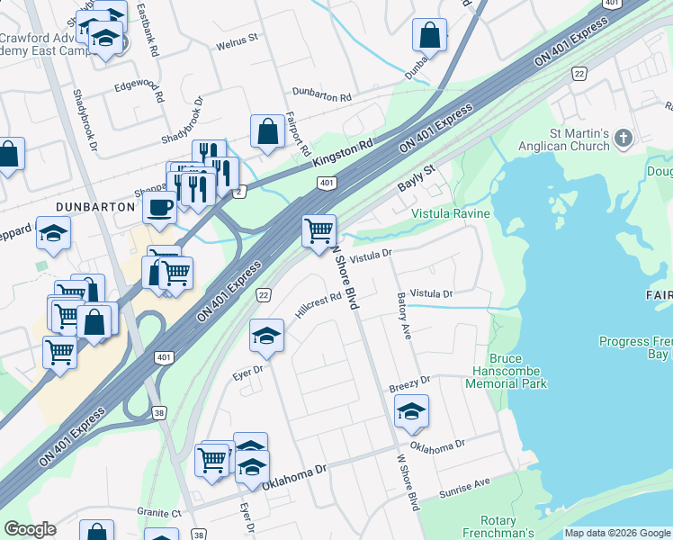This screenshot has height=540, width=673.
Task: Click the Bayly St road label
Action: (417, 176)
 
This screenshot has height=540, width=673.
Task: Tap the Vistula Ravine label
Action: (450, 213)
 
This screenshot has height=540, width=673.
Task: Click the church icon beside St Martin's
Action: (624, 139)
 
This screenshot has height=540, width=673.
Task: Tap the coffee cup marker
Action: (160, 207)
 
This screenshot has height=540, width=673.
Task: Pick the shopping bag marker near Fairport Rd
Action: (268, 131)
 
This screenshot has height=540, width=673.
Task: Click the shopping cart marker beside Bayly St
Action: (319, 230)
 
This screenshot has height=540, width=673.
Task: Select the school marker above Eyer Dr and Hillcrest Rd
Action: (266, 337)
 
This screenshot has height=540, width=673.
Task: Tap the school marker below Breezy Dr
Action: (411, 411)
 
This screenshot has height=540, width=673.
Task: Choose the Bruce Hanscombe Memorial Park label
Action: (506, 371)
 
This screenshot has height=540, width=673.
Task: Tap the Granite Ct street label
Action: (160, 513)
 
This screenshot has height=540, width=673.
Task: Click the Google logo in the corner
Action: (30, 529)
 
